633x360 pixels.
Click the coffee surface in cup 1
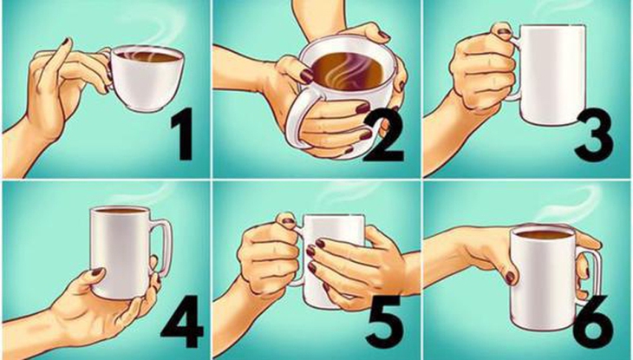tap(148, 56)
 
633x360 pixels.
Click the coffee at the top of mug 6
tap(543, 234)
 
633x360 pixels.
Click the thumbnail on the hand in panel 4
tap(96, 275)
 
